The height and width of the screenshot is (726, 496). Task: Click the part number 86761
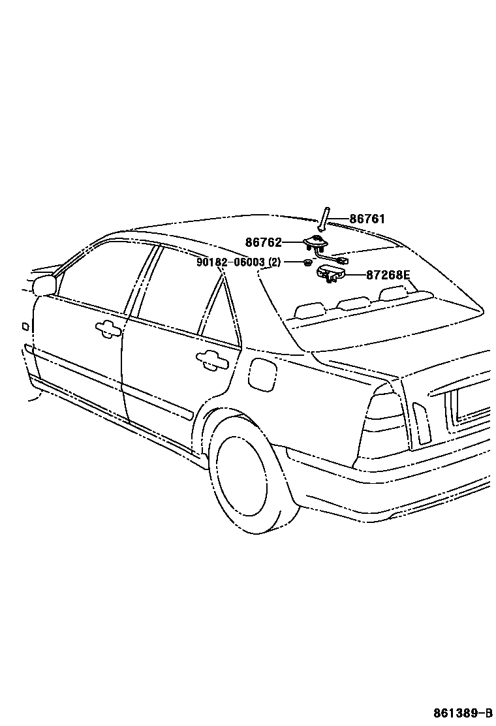click(x=367, y=219)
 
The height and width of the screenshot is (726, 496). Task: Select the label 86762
click(x=263, y=242)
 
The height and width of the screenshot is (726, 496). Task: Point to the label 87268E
click(x=388, y=275)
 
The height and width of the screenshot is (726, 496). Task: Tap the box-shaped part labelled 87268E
click(x=329, y=273)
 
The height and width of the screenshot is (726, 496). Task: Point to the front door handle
click(x=107, y=328)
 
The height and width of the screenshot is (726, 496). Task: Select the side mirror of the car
click(x=44, y=284)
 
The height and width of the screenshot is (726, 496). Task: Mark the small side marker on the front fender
click(x=25, y=326)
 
